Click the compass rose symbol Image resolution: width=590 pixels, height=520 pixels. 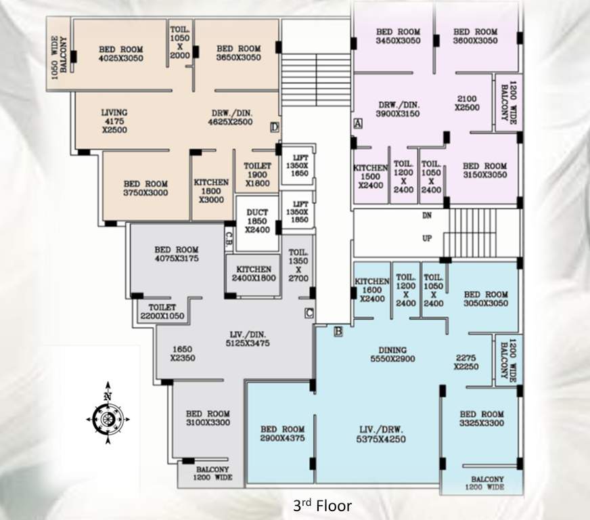pos(107,419)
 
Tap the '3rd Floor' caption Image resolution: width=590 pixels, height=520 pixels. pos(322,505)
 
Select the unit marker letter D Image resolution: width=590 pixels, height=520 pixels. pos(274,127)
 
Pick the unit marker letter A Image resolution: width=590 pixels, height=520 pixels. pos(358,123)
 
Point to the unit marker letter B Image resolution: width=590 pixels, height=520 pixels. pos(338,331)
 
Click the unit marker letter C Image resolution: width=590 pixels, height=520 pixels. pos(309,313)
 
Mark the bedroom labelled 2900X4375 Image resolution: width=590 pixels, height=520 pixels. pos(282,434)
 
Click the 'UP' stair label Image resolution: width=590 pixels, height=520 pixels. pos(428,239)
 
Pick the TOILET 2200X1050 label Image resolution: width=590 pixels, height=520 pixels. pos(162,311)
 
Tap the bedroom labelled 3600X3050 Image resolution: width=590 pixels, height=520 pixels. pos(475,37)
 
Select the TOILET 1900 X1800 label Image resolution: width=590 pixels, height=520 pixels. pos(257,175)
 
